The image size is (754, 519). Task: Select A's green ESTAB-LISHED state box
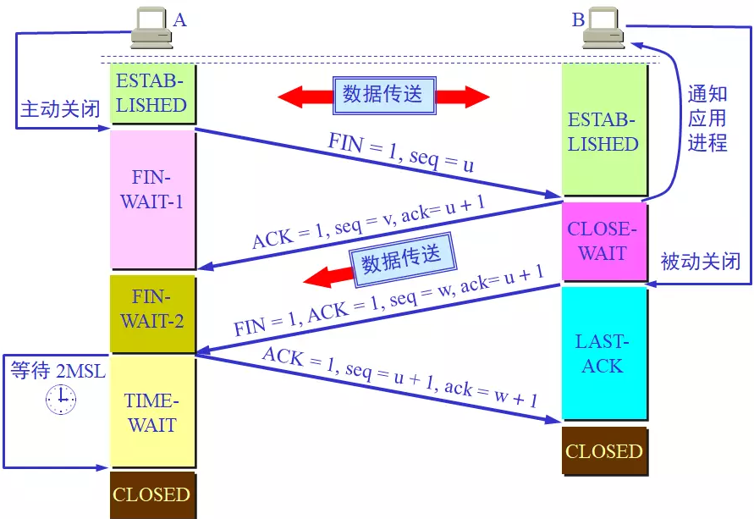pyautogui.click(x=151, y=94)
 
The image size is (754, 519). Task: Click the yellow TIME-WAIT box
pyautogui.click(x=151, y=412)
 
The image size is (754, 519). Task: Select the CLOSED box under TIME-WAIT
pyautogui.click(x=151, y=494)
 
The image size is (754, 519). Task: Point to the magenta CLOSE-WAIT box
pyautogui.click(x=603, y=241)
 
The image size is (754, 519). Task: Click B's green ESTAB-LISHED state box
pyautogui.click(x=603, y=131)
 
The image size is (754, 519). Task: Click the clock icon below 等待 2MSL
pyautogui.click(x=60, y=399)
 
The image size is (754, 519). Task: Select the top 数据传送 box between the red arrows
pyautogui.click(x=383, y=93)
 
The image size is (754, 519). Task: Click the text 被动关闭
pyautogui.click(x=700, y=262)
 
